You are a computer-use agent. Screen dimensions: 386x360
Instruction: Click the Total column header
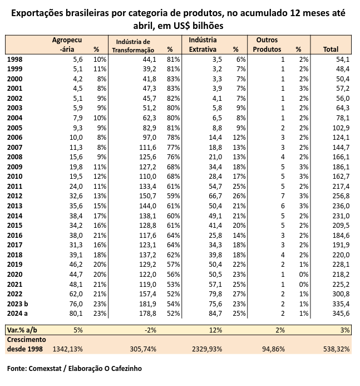(330, 49)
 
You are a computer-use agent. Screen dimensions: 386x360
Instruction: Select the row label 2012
(16, 196)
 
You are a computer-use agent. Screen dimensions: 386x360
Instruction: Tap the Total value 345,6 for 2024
(339, 314)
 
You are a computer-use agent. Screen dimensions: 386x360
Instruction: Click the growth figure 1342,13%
(67, 349)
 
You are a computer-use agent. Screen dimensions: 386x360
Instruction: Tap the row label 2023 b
(18, 304)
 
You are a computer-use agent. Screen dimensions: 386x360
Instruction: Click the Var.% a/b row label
(23, 330)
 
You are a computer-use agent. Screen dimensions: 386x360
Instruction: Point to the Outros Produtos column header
(267, 45)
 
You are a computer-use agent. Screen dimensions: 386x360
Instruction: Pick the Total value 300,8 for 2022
(339, 294)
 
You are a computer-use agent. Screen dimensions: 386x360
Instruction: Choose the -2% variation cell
(152, 330)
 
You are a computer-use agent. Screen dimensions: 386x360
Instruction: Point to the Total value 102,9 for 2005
(339, 127)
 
